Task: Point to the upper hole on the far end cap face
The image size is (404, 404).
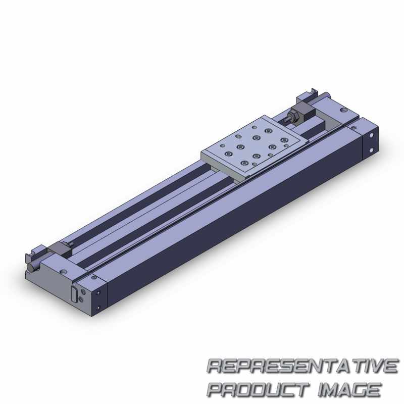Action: tap(371, 134)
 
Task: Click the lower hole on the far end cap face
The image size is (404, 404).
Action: tap(371, 150)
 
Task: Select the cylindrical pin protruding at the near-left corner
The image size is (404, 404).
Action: tap(32, 267)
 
